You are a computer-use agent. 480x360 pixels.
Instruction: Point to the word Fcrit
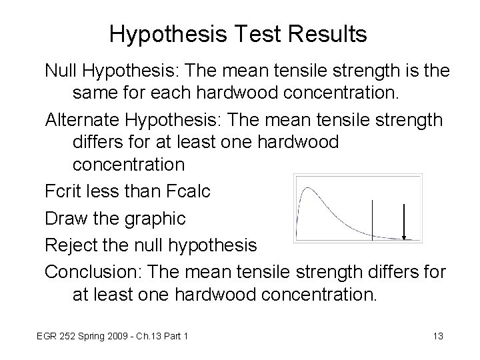pyautogui.click(x=64, y=191)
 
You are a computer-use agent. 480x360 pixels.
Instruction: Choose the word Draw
pyautogui.click(x=65, y=218)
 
